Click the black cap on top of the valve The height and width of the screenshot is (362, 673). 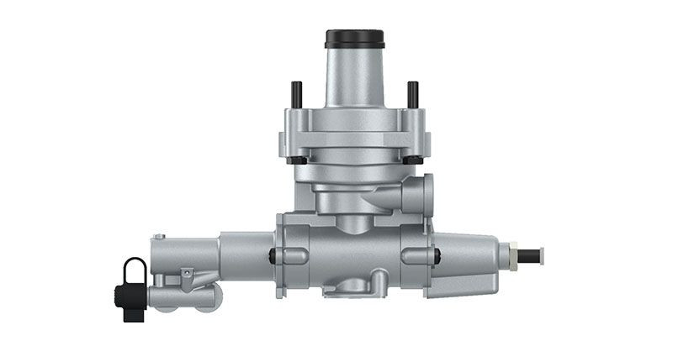[354, 39]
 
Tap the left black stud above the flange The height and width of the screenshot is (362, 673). [296, 94]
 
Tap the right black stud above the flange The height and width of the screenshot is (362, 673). [412, 94]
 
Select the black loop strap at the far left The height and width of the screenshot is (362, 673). [134, 270]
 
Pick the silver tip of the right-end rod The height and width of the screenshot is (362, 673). [540, 254]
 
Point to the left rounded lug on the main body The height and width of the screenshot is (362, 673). [282, 255]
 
